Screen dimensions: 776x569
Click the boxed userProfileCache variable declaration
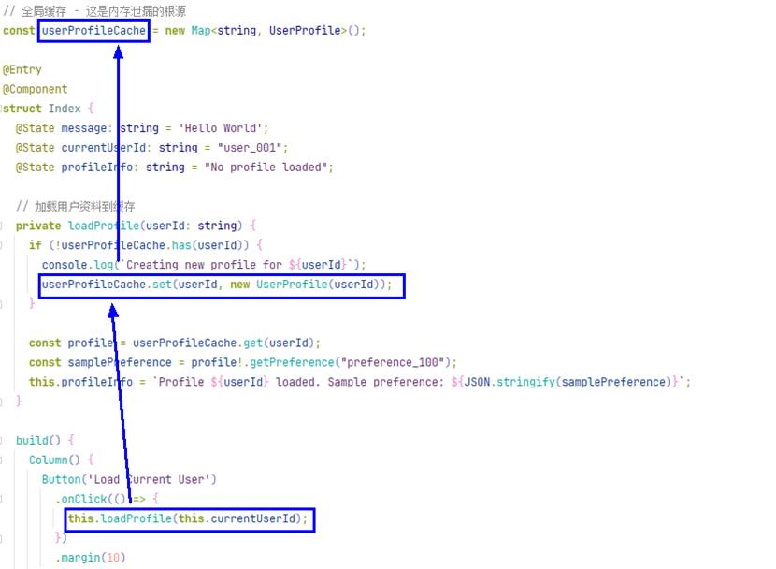[x=93, y=31]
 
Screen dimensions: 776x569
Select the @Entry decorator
[x=22, y=69]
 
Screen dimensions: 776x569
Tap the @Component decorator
[x=36, y=89]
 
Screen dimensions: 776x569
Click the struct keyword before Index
[x=22, y=109]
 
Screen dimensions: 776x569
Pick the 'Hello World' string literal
[x=221, y=128]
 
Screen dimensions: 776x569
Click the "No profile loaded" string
[x=266, y=168]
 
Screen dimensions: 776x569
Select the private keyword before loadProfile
[x=38, y=226]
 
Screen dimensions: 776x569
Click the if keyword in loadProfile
[x=36, y=245]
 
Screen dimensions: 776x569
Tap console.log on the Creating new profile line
[x=78, y=265]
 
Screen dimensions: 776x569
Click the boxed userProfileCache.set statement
[x=222, y=285]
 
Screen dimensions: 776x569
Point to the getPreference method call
[x=292, y=362]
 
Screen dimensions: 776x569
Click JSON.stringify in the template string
[x=510, y=382]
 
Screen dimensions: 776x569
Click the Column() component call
[x=54, y=460]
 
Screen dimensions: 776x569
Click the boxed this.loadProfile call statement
[x=190, y=519]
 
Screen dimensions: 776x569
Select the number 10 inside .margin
[x=113, y=558]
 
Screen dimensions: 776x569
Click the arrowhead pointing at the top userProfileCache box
[x=119, y=52]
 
